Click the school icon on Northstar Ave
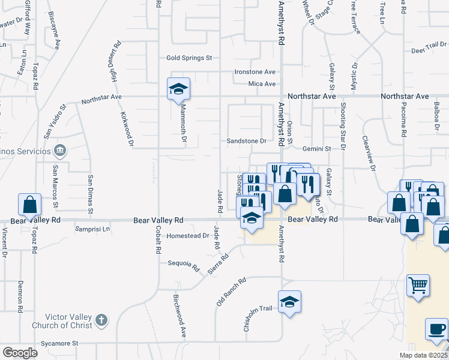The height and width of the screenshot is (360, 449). (x=178, y=89)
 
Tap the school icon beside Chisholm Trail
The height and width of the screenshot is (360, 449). (x=289, y=302)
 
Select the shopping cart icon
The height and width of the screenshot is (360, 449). (x=418, y=284)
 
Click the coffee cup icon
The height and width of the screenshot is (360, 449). (x=436, y=329)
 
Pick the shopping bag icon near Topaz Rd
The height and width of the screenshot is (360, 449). (x=29, y=205)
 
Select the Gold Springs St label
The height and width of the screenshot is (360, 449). (x=190, y=58)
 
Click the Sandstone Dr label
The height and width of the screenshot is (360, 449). (x=246, y=141)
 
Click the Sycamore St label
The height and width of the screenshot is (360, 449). (x=59, y=344)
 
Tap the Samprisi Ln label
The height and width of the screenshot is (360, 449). (x=92, y=229)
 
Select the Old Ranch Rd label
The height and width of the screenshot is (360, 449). (x=232, y=292)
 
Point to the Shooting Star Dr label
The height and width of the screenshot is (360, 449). (x=343, y=125)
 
